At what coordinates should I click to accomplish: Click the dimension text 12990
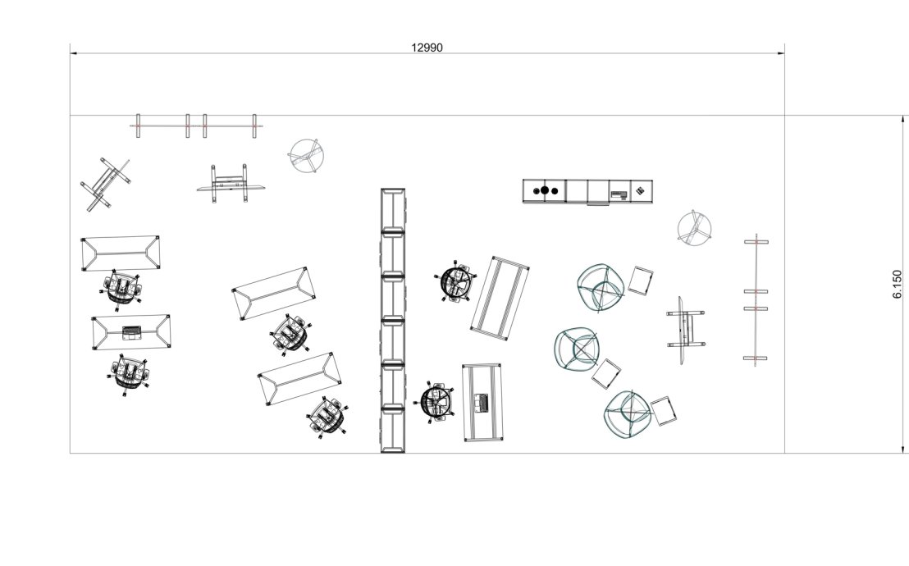tap(427, 48)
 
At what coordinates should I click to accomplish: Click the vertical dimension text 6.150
tap(898, 285)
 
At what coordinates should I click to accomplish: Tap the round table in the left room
tap(306, 155)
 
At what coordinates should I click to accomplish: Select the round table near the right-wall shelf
tap(695, 227)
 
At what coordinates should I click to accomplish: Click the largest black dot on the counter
tap(545, 190)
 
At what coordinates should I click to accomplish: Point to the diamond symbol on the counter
tap(639, 190)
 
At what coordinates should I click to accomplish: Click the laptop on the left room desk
tap(131, 332)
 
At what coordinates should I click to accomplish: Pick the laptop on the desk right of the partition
tap(482, 403)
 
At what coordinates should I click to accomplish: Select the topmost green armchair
tap(601, 288)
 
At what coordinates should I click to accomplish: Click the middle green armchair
tap(578, 349)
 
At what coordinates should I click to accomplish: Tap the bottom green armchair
tap(628, 414)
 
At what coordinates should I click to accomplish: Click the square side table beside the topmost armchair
tap(641, 280)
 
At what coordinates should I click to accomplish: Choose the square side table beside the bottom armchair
tap(664, 411)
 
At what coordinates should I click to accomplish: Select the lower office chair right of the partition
tap(438, 402)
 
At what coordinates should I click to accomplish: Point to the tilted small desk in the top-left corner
tap(106, 184)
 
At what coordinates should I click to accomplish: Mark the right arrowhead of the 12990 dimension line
tap(781, 53)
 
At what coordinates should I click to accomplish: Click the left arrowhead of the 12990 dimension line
tap(74, 53)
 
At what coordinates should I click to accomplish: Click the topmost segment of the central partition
tap(392, 210)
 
